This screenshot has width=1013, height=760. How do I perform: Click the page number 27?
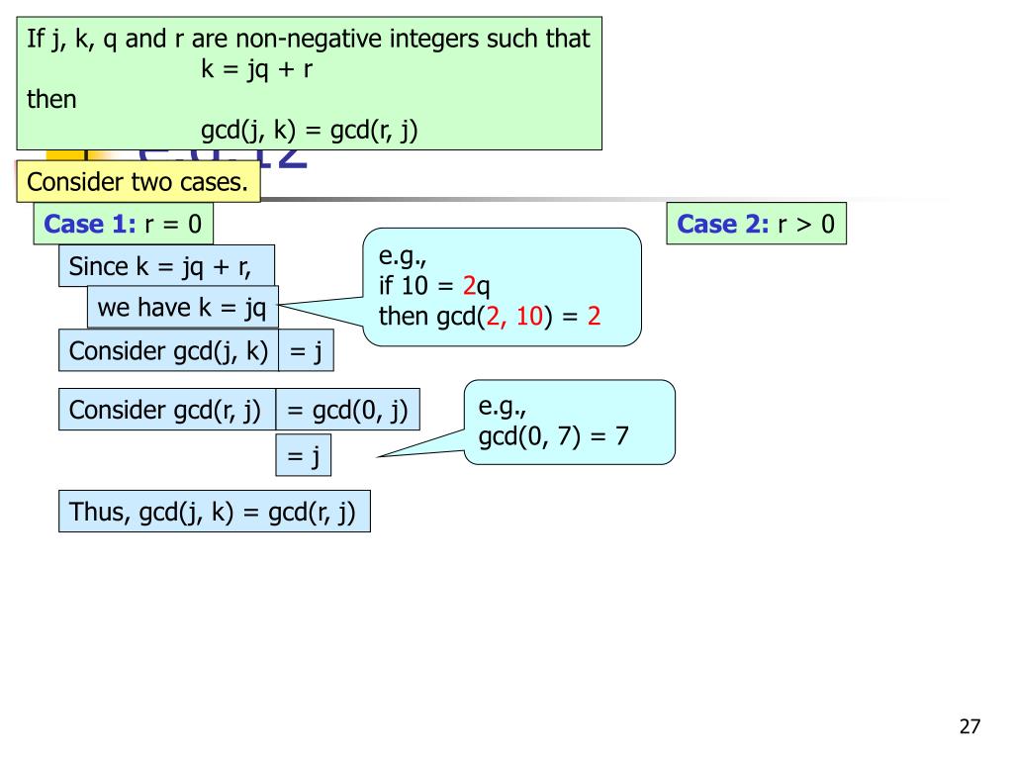click(969, 727)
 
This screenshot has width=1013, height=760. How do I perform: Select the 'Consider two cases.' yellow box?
click(138, 182)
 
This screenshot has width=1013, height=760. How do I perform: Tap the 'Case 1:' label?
click(89, 225)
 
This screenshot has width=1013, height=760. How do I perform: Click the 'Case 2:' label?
click(722, 225)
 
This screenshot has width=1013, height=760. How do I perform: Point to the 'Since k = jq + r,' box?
click(166, 266)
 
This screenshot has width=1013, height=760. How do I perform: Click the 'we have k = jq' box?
click(182, 308)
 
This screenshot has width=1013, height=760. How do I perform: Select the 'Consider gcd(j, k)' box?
click(168, 351)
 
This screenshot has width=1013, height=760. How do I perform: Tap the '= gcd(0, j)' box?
click(347, 410)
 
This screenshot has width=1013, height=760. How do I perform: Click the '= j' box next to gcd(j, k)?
click(306, 351)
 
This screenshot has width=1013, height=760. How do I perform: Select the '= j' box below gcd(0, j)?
click(303, 456)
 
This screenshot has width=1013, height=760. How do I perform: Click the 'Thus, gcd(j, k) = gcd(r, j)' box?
click(214, 512)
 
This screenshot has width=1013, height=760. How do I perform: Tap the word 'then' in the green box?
click(51, 99)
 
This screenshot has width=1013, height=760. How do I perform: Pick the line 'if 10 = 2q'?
click(434, 287)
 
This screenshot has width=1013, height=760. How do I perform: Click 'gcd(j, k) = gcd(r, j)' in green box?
click(310, 130)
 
